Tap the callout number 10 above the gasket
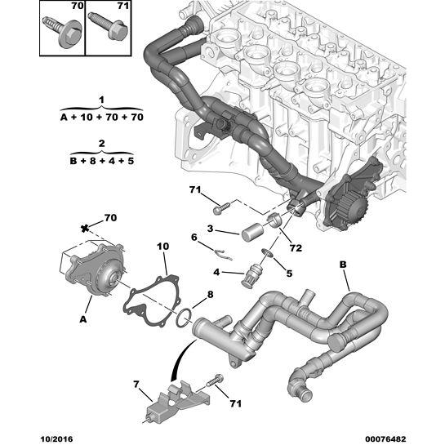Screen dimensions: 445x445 162,246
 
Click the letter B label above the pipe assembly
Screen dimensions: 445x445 343,265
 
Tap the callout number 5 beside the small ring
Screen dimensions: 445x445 291,272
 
